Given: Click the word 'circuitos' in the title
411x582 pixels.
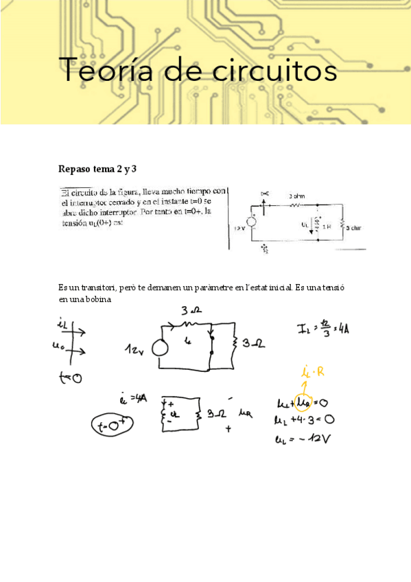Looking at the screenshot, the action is pyautogui.click(x=273, y=71).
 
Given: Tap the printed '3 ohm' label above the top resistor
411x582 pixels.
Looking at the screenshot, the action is pyautogui.click(x=296, y=196).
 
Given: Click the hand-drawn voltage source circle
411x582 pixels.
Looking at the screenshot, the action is pyautogui.click(x=160, y=348).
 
